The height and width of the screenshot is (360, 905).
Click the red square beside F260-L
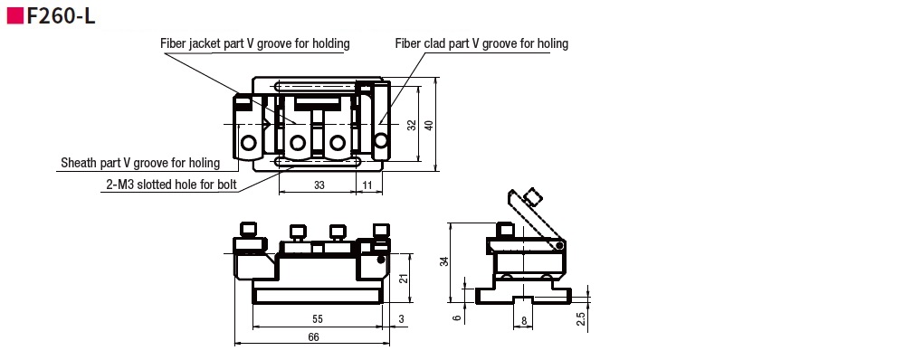click(x=15, y=16)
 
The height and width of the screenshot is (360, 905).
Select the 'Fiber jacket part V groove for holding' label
click(x=255, y=43)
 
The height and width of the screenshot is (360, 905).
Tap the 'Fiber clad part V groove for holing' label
click(x=481, y=43)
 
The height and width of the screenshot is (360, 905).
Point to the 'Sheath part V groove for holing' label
click(x=140, y=164)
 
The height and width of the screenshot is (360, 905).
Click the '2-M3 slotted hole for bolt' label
click(x=171, y=185)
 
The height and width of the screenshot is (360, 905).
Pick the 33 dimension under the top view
click(x=319, y=185)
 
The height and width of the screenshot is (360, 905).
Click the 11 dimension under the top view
click(x=367, y=185)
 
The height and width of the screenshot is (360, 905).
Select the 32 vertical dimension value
click(x=412, y=125)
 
